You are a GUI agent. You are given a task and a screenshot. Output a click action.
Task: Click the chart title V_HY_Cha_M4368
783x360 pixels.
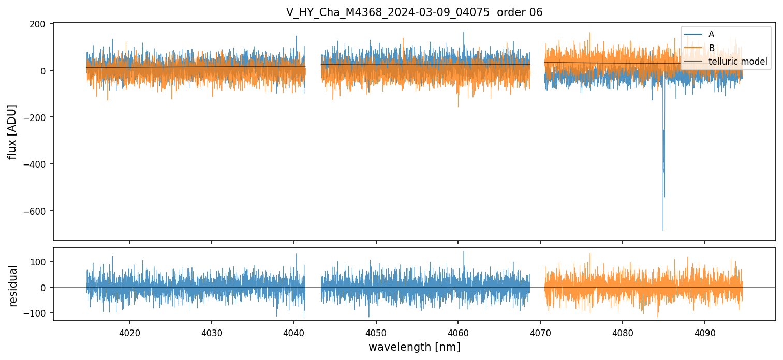pyautogui.click(x=414, y=12)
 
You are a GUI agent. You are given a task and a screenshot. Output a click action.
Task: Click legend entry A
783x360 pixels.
pyautogui.click(x=711, y=34)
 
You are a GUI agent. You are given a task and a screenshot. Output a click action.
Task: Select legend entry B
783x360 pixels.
pyautogui.click(x=711, y=48)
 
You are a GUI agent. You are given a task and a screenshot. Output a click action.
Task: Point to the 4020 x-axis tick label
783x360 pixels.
pyautogui.click(x=129, y=332)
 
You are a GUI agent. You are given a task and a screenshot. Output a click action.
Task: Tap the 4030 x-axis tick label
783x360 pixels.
pyautogui.click(x=212, y=332)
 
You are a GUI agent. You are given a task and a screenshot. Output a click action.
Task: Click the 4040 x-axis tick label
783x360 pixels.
pyautogui.click(x=294, y=332)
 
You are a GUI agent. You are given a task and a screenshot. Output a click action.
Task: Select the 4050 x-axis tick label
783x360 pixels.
pyautogui.click(x=376, y=332)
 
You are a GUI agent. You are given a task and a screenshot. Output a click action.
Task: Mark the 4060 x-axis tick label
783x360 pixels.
pyautogui.click(x=458, y=332)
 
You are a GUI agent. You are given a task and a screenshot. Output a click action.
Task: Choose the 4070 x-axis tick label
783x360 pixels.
pyautogui.click(x=540, y=332)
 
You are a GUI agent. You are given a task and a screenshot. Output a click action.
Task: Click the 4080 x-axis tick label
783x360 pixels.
pyautogui.click(x=623, y=332)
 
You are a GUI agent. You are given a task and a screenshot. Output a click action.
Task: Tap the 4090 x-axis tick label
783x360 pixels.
pyautogui.click(x=705, y=332)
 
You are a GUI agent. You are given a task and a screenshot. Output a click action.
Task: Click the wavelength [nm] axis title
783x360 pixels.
pyautogui.click(x=414, y=347)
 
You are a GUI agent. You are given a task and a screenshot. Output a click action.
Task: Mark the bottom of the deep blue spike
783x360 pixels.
pyautogui.click(x=663, y=230)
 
